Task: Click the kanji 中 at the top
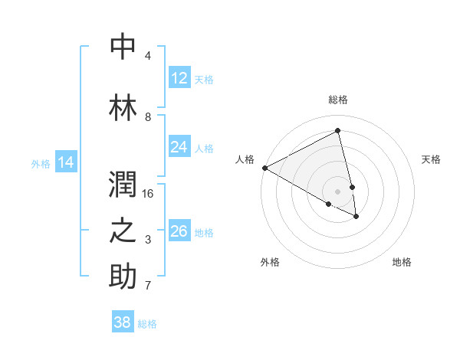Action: coord(123,47)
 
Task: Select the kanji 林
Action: coord(123,108)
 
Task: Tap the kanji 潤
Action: coord(123,185)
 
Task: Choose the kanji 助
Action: coord(123,277)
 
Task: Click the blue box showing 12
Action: coord(179,78)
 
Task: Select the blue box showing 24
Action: coord(179,147)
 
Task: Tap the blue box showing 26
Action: coord(179,231)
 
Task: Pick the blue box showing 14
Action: coord(66,162)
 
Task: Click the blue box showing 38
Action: coord(123,322)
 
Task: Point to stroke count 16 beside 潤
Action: coord(148,194)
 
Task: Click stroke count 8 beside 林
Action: coord(148,117)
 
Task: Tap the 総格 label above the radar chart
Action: coord(337,100)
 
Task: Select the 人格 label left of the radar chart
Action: coord(245,159)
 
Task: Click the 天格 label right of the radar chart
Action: coord(432,159)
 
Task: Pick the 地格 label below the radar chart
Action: coord(402,262)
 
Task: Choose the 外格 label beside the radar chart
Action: coord(270,262)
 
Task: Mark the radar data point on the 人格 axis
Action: coord(264,168)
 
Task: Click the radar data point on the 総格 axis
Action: coord(337,131)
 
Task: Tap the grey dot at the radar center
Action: coord(337,191)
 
